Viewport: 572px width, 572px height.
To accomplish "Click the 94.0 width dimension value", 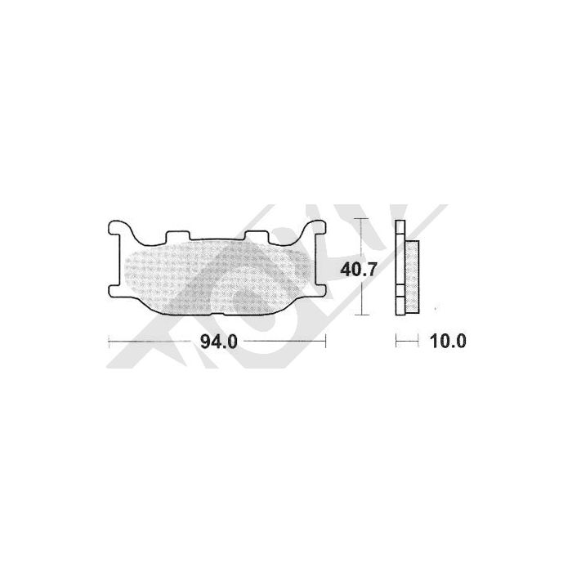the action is [x=219, y=342].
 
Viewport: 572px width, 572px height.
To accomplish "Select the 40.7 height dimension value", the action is [x=358, y=270].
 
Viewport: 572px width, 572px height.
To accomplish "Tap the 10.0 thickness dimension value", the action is [x=448, y=342].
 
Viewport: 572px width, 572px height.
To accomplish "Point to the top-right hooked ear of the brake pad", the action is [x=315, y=228].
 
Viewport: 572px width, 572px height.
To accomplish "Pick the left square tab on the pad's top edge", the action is [x=177, y=236].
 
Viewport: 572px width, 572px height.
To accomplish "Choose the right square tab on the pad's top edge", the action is [x=257, y=236].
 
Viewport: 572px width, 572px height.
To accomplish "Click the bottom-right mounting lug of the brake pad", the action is [x=321, y=288].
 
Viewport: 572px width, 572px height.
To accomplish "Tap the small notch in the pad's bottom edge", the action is [x=229, y=313].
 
